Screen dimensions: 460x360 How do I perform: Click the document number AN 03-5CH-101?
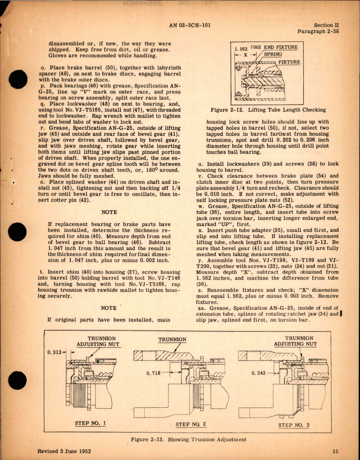coord(190,25)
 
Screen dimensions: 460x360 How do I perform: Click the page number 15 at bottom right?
coord(335,451)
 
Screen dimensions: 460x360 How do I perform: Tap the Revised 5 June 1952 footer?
coord(64,451)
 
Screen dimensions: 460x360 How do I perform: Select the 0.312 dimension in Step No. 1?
coord(54,352)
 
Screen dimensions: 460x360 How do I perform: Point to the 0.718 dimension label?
coord(153,373)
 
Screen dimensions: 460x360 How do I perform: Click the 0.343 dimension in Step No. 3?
coord(258,373)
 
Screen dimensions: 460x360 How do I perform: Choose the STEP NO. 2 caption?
coord(191,424)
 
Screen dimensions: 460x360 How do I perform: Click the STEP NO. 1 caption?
coord(90,423)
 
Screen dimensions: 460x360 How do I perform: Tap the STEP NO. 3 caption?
coord(294,425)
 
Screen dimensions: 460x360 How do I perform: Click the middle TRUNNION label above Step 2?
coord(172,339)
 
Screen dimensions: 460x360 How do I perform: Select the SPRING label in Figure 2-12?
coord(273,54)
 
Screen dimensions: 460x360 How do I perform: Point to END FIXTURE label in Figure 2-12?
coord(281,47)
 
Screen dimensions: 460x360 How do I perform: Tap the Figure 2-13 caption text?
coord(188,439)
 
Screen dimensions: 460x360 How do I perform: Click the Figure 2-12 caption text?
coord(268,110)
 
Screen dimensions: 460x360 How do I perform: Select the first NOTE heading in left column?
coord(109,212)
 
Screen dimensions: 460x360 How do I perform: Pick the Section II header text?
coord(326,25)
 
